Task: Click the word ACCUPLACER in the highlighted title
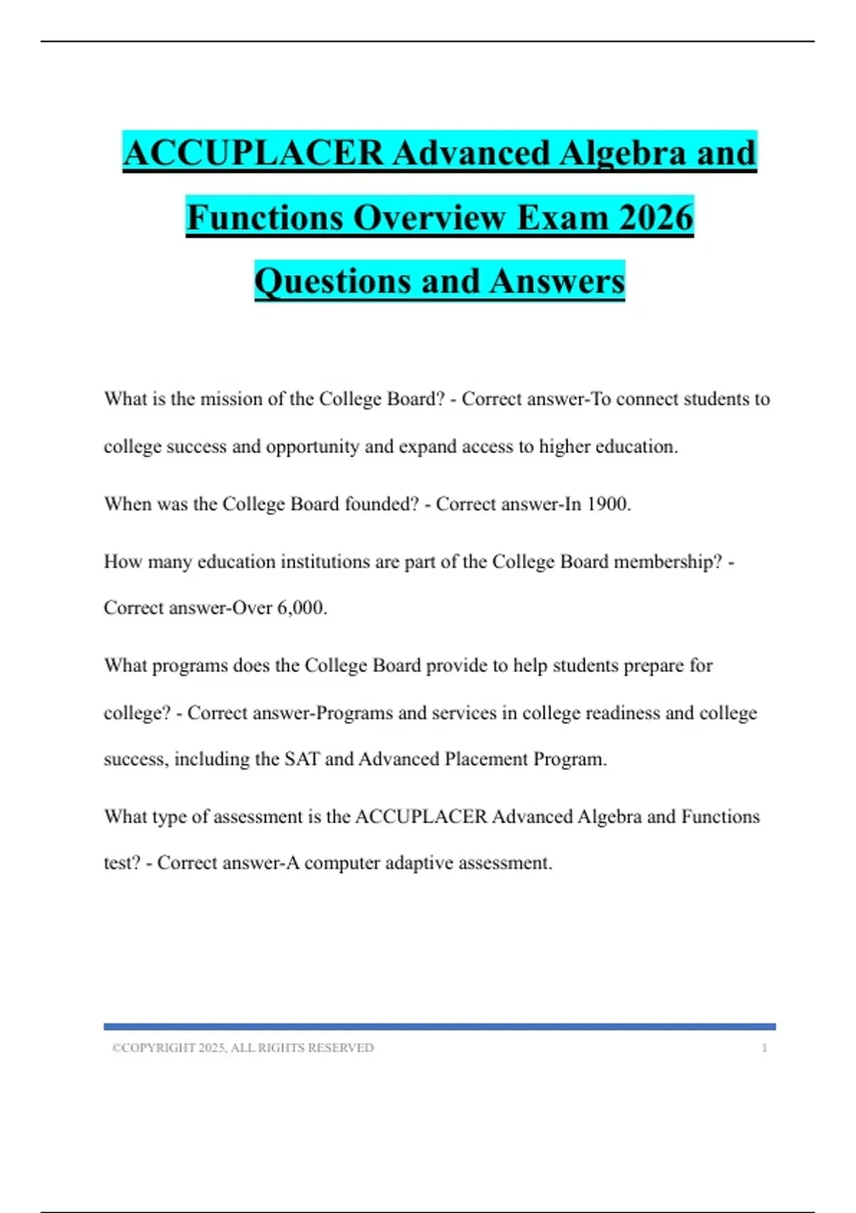[253, 153]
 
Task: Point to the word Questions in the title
[332, 281]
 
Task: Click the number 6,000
[300, 608]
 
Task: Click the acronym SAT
[302, 759]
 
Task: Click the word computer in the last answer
[342, 863]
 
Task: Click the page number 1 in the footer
[764, 1048]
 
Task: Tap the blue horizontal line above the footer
[439, 1027]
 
